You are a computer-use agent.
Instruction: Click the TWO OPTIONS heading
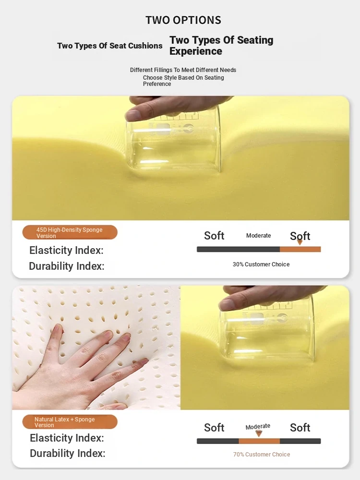point(183,20)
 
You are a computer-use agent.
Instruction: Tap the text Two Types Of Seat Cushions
point(109,46)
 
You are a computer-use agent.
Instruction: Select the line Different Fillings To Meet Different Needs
point(183,70)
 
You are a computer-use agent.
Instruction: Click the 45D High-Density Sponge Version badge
point(70,232)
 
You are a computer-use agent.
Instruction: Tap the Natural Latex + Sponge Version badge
point(70,422)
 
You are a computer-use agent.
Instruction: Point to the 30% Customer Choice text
point(261,264)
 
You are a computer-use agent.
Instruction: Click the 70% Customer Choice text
point(262,454)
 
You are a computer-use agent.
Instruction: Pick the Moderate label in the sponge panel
point(258,235)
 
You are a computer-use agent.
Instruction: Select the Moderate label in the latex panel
point(258,426)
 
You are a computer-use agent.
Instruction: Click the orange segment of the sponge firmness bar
point(300,249)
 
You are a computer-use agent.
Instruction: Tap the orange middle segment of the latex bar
point(259,441)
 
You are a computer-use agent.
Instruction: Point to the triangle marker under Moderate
point(259,433)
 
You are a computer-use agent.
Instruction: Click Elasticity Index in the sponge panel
point(66,250)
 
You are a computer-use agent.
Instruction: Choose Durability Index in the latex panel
point(68,453)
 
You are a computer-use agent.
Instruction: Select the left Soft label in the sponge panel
point(214,236)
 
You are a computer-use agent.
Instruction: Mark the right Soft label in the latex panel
point(300,428)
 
